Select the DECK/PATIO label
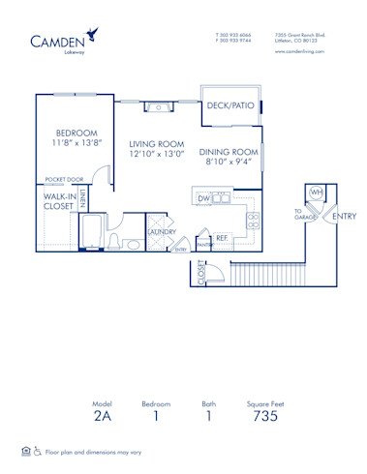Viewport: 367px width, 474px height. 229,121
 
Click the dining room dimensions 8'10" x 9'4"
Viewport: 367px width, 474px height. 229,162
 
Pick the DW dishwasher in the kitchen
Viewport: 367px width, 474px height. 204,199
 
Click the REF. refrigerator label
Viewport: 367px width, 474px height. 221,237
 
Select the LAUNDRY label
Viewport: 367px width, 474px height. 160,232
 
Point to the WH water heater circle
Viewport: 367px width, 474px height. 316,193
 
